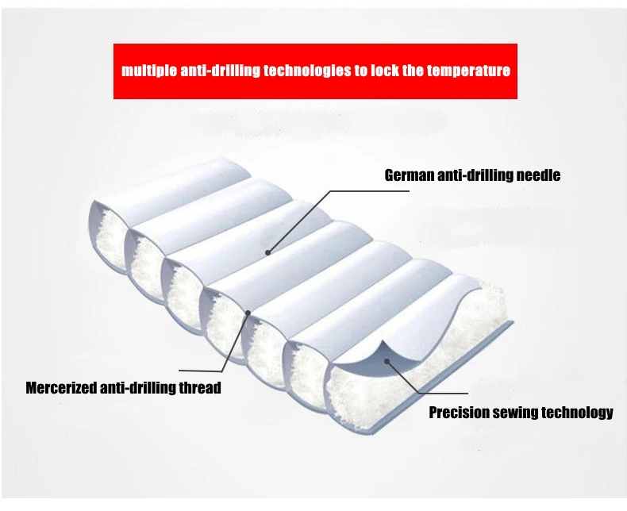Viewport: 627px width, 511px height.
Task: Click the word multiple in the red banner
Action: [148, 71]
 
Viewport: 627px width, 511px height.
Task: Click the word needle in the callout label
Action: [537, 175]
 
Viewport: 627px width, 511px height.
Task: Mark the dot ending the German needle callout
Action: [268, 252]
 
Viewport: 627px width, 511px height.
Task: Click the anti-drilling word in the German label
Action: [475, 175]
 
